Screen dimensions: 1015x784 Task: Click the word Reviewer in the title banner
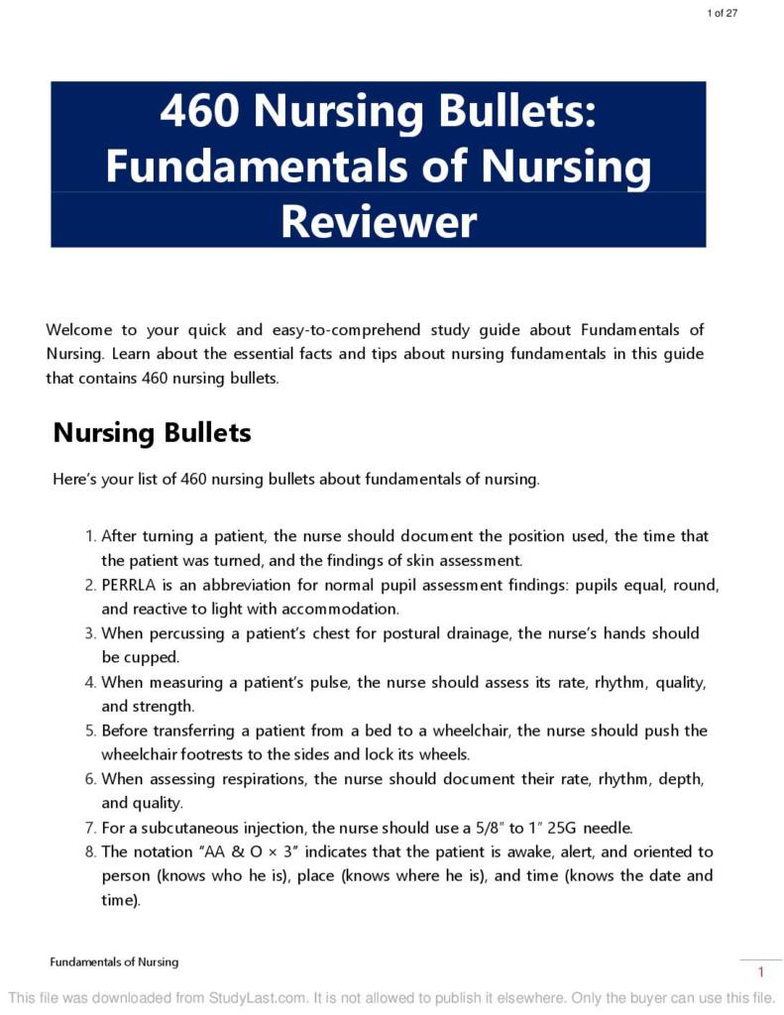379,221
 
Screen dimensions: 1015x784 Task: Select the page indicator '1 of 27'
722,13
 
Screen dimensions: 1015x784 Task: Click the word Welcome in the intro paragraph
78,330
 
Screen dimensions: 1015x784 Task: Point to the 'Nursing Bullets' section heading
152,433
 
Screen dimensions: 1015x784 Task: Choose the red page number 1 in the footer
760,972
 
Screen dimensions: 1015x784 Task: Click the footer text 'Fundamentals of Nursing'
114,961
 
